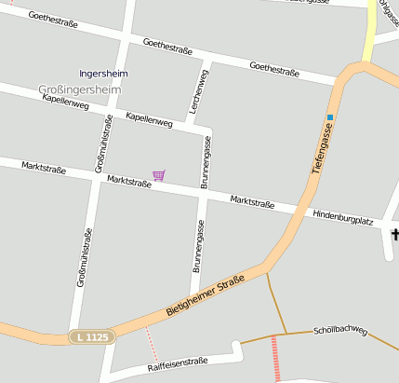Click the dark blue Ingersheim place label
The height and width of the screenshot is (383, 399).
[x=103, y=73]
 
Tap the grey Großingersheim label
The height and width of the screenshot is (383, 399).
[x=80, y=89]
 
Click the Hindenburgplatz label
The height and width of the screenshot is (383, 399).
[x=343, y=217]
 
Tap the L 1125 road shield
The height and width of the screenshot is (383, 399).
[x=92, y=336]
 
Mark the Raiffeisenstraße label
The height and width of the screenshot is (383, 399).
[x=178, y=364]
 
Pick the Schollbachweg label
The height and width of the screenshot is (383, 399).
[x=341, y=330]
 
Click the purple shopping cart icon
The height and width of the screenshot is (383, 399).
[x=159, y=174]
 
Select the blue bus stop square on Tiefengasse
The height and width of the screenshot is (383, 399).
[x=329, y=117]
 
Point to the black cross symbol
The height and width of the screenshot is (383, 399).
[x=394, y=233]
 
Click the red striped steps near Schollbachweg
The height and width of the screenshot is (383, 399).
[x=274, y=358]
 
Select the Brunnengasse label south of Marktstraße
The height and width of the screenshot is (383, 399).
[x=197, y=245]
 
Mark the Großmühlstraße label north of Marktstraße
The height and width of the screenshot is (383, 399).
[x=103, y=144]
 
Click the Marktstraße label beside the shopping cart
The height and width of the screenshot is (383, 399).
[x=128, y=182]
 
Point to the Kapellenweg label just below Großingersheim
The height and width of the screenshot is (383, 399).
[x=65, y=102]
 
